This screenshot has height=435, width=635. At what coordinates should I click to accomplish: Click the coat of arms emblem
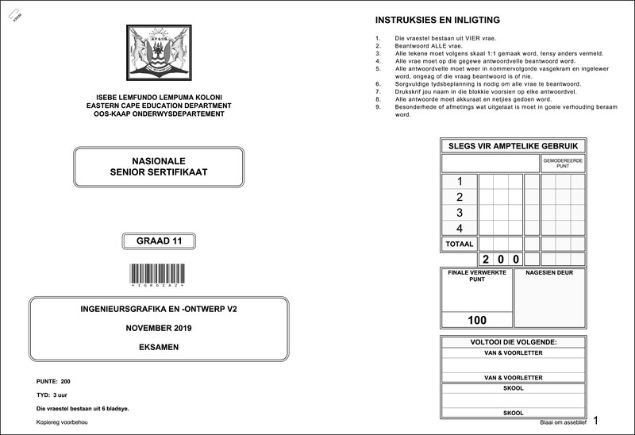click(x=159, y=54)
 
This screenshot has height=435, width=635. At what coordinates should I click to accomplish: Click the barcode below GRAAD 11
click(x=159, y=274)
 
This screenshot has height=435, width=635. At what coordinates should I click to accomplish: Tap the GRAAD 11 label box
click(x=159, y=241)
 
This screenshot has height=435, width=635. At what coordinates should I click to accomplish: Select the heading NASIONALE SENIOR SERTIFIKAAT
click(x=159, y=167)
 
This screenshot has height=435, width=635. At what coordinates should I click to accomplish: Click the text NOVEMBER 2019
click(x=159, y=328)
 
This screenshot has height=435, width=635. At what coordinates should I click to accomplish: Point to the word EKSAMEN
click(x=159, y=348)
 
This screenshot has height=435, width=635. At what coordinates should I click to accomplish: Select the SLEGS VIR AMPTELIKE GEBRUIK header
click(x=513, y=146)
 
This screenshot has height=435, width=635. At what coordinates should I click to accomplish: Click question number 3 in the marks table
click(x=460, y=213)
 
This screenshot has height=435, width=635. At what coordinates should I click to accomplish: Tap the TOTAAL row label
click(x=460, y=244)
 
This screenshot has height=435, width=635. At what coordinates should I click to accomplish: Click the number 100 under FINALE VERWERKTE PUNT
click(x=477, y=321)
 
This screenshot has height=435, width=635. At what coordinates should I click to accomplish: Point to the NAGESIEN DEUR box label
click(x=549, y=273)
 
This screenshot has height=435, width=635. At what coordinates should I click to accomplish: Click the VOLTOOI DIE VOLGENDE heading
click(x=513, y=342)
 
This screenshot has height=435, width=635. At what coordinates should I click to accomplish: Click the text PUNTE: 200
click(x=54, y=382)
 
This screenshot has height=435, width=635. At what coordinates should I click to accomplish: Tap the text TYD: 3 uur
click(x=52, y=395)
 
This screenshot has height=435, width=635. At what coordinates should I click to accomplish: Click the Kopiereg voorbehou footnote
click(x=62, y=422)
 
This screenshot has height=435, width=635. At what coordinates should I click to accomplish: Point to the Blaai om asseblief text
click(x=561, y=423)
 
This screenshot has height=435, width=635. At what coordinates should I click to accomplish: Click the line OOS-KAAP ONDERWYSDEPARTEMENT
click(x=159, y=114)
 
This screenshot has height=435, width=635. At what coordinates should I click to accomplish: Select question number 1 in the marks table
click(x=460, y=181)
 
